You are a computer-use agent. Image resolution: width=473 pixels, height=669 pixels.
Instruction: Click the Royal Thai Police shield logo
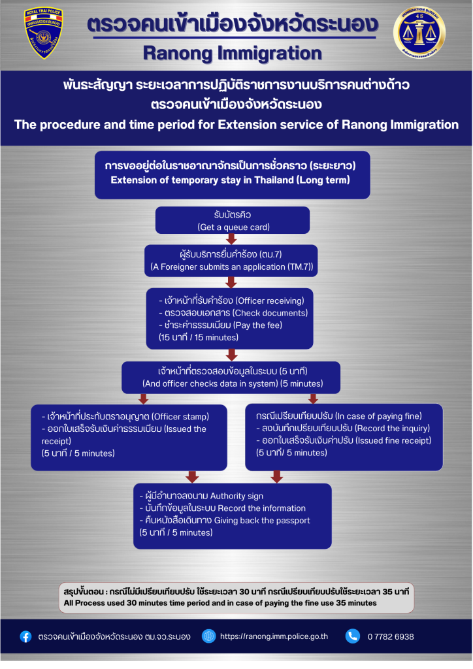(42, 33)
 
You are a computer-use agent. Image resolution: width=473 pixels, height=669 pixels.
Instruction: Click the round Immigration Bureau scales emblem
(419, 34)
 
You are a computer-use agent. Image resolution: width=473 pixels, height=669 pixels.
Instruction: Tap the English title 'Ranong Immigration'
(232, 52)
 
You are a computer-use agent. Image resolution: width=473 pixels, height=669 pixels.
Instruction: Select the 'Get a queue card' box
(232, 220)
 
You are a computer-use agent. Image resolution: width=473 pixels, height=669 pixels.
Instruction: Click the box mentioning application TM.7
(232, 261)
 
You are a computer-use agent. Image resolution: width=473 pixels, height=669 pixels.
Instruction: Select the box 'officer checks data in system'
(232, 378)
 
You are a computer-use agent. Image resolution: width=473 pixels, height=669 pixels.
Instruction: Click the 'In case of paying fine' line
(339, 416)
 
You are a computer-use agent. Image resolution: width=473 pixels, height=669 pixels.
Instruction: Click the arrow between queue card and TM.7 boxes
(231, 239)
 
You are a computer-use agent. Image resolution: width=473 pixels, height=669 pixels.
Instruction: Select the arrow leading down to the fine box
(313, 399)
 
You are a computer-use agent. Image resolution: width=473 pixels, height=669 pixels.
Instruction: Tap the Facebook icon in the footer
(25, 636)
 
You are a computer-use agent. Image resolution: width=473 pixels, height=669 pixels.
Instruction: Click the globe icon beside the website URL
(209, 636)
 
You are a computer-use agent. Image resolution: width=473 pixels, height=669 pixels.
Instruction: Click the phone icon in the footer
(353, 636)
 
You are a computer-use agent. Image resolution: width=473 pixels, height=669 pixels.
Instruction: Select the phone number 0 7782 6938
(391, 636)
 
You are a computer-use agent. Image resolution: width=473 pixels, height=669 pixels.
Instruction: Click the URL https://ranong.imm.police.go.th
(274, 636)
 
